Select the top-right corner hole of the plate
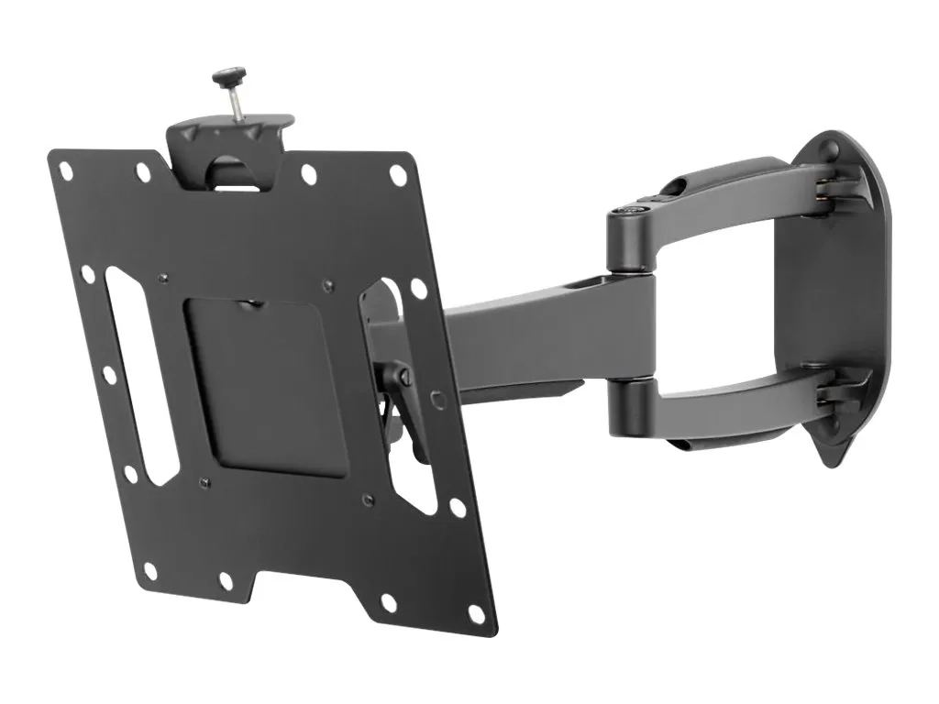pyautogui.click(x=398, y=173)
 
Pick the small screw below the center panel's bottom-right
pyautogui.click(x=366, y=499)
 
